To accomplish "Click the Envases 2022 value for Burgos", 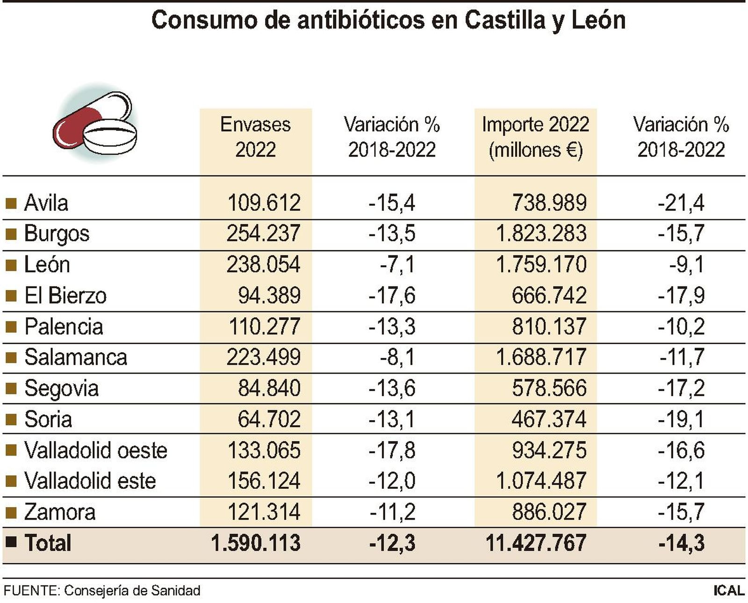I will point(263,233).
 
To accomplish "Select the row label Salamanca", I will point(75,357).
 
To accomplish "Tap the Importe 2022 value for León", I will point(540,264).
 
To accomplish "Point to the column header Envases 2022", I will point(255,137).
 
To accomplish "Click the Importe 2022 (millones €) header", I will point(535,137).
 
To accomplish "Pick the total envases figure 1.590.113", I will point(255,543).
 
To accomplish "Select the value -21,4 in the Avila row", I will point(681,203).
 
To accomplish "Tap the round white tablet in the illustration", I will point(110,136).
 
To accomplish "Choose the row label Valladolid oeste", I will point(95,450).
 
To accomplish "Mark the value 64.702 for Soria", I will point(269,419).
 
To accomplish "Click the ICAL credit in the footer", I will point(728,591).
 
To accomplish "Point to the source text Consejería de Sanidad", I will point(132,591).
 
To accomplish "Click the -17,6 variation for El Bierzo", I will point(392,295).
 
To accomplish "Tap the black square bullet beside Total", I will point(11,542).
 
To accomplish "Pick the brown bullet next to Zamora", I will point(11,512).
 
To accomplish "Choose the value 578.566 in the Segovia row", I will point(549,388).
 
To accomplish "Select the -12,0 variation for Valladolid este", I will point(392,481).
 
